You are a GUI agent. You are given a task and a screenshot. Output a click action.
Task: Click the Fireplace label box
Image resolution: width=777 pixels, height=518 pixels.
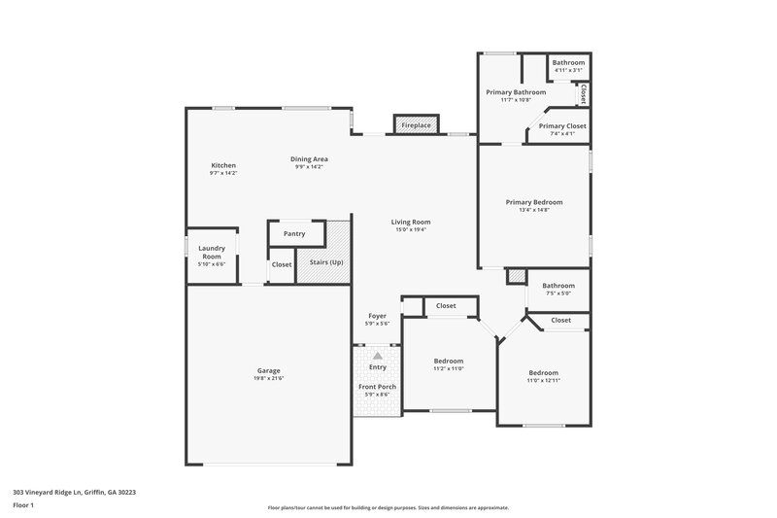pyautogui.click(x=416, y=125)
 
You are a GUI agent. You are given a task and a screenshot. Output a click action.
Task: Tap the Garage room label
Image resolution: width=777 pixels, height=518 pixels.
pyautogui.click(x=268, y=370)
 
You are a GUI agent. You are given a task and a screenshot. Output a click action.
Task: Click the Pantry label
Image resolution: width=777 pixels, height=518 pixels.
pyautogui.click(x=294, y=233)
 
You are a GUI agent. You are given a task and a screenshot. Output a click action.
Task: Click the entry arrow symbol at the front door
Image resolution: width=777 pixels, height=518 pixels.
pyautogui.click(x=378, y=357)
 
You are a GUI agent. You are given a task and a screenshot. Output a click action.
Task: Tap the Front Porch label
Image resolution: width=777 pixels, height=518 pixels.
pyautogui.click(x=378, y=386)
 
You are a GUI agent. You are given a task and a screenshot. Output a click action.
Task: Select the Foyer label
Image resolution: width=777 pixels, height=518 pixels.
pyautogui.click(x=378, y=316)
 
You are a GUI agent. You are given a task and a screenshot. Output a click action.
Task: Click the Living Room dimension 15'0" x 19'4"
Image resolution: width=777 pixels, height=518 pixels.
pyautogui.click(x=412, y=229)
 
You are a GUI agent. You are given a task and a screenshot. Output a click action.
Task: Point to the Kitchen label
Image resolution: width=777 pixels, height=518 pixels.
pyautogui.click(x=223, y=165)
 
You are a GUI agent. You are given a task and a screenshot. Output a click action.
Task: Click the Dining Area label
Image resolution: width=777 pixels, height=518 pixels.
pyautogui.click(x=309, y=158)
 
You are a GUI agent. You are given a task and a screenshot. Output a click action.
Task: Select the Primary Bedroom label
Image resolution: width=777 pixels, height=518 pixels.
pyautogui.click(x=533, y=202)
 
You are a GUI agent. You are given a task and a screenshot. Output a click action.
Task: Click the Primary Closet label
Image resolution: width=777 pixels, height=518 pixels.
pyautogui.click(x=562, y=125)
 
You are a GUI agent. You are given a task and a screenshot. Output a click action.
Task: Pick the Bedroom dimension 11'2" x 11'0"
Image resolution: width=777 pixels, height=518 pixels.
pyautogui.click(x=448, y=368)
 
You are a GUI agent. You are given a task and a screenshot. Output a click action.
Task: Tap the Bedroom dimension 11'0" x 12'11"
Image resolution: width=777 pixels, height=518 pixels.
pyautogui.click(x=543, y=381)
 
